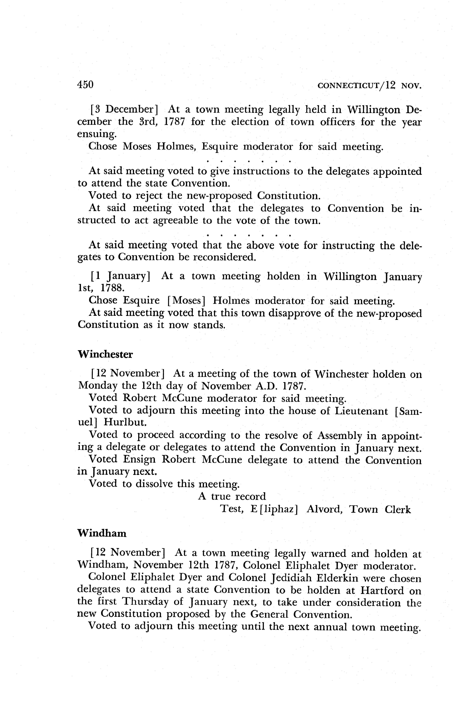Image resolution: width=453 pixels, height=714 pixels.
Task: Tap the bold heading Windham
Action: click(x=102, y=533)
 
